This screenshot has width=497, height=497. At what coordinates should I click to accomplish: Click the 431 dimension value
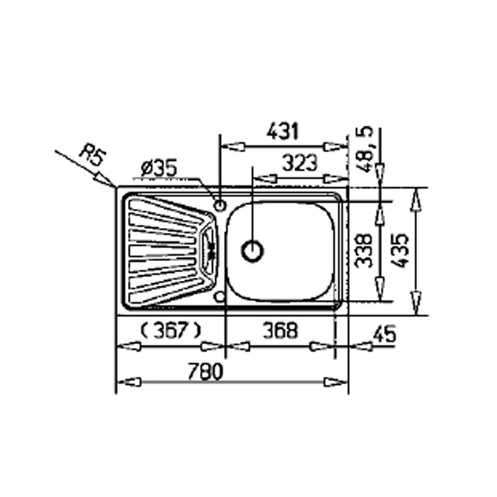tap(283, 132)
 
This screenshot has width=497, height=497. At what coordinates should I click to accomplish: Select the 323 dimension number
tap(300, 163)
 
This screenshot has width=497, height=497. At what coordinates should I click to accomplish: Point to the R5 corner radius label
tap(92, 155)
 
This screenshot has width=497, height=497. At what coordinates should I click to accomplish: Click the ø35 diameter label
tap(159, 168)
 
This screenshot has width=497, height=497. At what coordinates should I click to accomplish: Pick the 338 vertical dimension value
tap(363, 251)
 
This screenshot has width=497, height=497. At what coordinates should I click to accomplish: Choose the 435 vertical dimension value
tap(399, 251)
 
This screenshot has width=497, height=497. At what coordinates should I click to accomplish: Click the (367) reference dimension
tap(170, 330)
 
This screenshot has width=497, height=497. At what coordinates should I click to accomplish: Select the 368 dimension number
tap(281, 330)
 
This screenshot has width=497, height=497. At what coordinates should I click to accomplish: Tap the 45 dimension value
tap(385, 334)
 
